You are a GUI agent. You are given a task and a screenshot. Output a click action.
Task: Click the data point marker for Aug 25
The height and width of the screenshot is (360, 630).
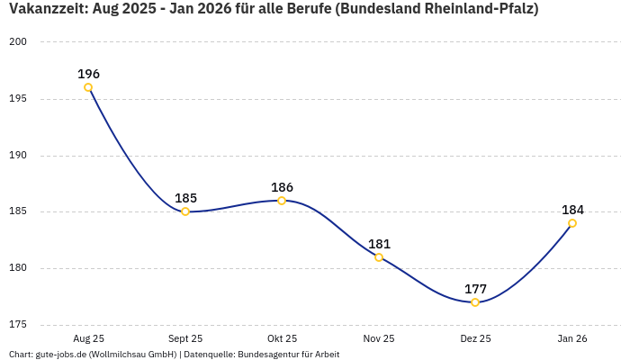tap(88, 87)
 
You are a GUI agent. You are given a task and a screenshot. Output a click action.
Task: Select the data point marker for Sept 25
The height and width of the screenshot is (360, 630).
tap(185, 211)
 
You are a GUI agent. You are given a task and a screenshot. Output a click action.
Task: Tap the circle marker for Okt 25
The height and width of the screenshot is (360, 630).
tap(282, 201)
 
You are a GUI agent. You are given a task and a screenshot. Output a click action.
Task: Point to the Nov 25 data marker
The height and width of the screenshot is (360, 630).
tap(379, 257)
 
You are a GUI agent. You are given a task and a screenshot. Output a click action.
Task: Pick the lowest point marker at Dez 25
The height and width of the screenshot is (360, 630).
tap(475, 302)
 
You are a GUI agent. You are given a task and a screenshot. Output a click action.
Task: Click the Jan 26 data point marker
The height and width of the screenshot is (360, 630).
tap(572, 223)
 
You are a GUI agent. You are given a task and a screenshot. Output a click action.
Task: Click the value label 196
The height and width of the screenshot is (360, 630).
tap(88, 74)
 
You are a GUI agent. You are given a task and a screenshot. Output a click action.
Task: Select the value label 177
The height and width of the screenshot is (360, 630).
tap(475, 289)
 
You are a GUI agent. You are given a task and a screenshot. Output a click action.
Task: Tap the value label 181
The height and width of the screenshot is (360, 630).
tap(379, 244)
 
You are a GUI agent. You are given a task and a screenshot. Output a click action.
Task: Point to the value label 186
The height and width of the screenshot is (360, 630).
tap(282, 187)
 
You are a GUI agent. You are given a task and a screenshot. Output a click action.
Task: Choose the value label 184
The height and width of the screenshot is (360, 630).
tap(572, 210)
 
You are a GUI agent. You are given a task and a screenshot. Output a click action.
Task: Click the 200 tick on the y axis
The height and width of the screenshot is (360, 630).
tap(19, 42)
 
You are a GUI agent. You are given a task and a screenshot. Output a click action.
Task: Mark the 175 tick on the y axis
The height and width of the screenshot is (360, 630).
tap(19, 325)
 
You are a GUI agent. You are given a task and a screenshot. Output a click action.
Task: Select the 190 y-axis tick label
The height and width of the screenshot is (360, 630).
tap(19, 156)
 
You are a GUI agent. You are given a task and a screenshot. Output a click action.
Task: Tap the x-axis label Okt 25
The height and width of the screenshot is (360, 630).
tap(282, 338)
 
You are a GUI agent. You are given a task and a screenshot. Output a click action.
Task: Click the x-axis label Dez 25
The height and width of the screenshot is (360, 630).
tap(475, 338)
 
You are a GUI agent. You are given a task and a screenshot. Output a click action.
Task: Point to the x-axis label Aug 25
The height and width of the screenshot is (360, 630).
tap(88, 338)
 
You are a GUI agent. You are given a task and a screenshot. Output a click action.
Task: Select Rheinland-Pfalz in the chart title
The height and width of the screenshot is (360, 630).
tap(481, 10)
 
